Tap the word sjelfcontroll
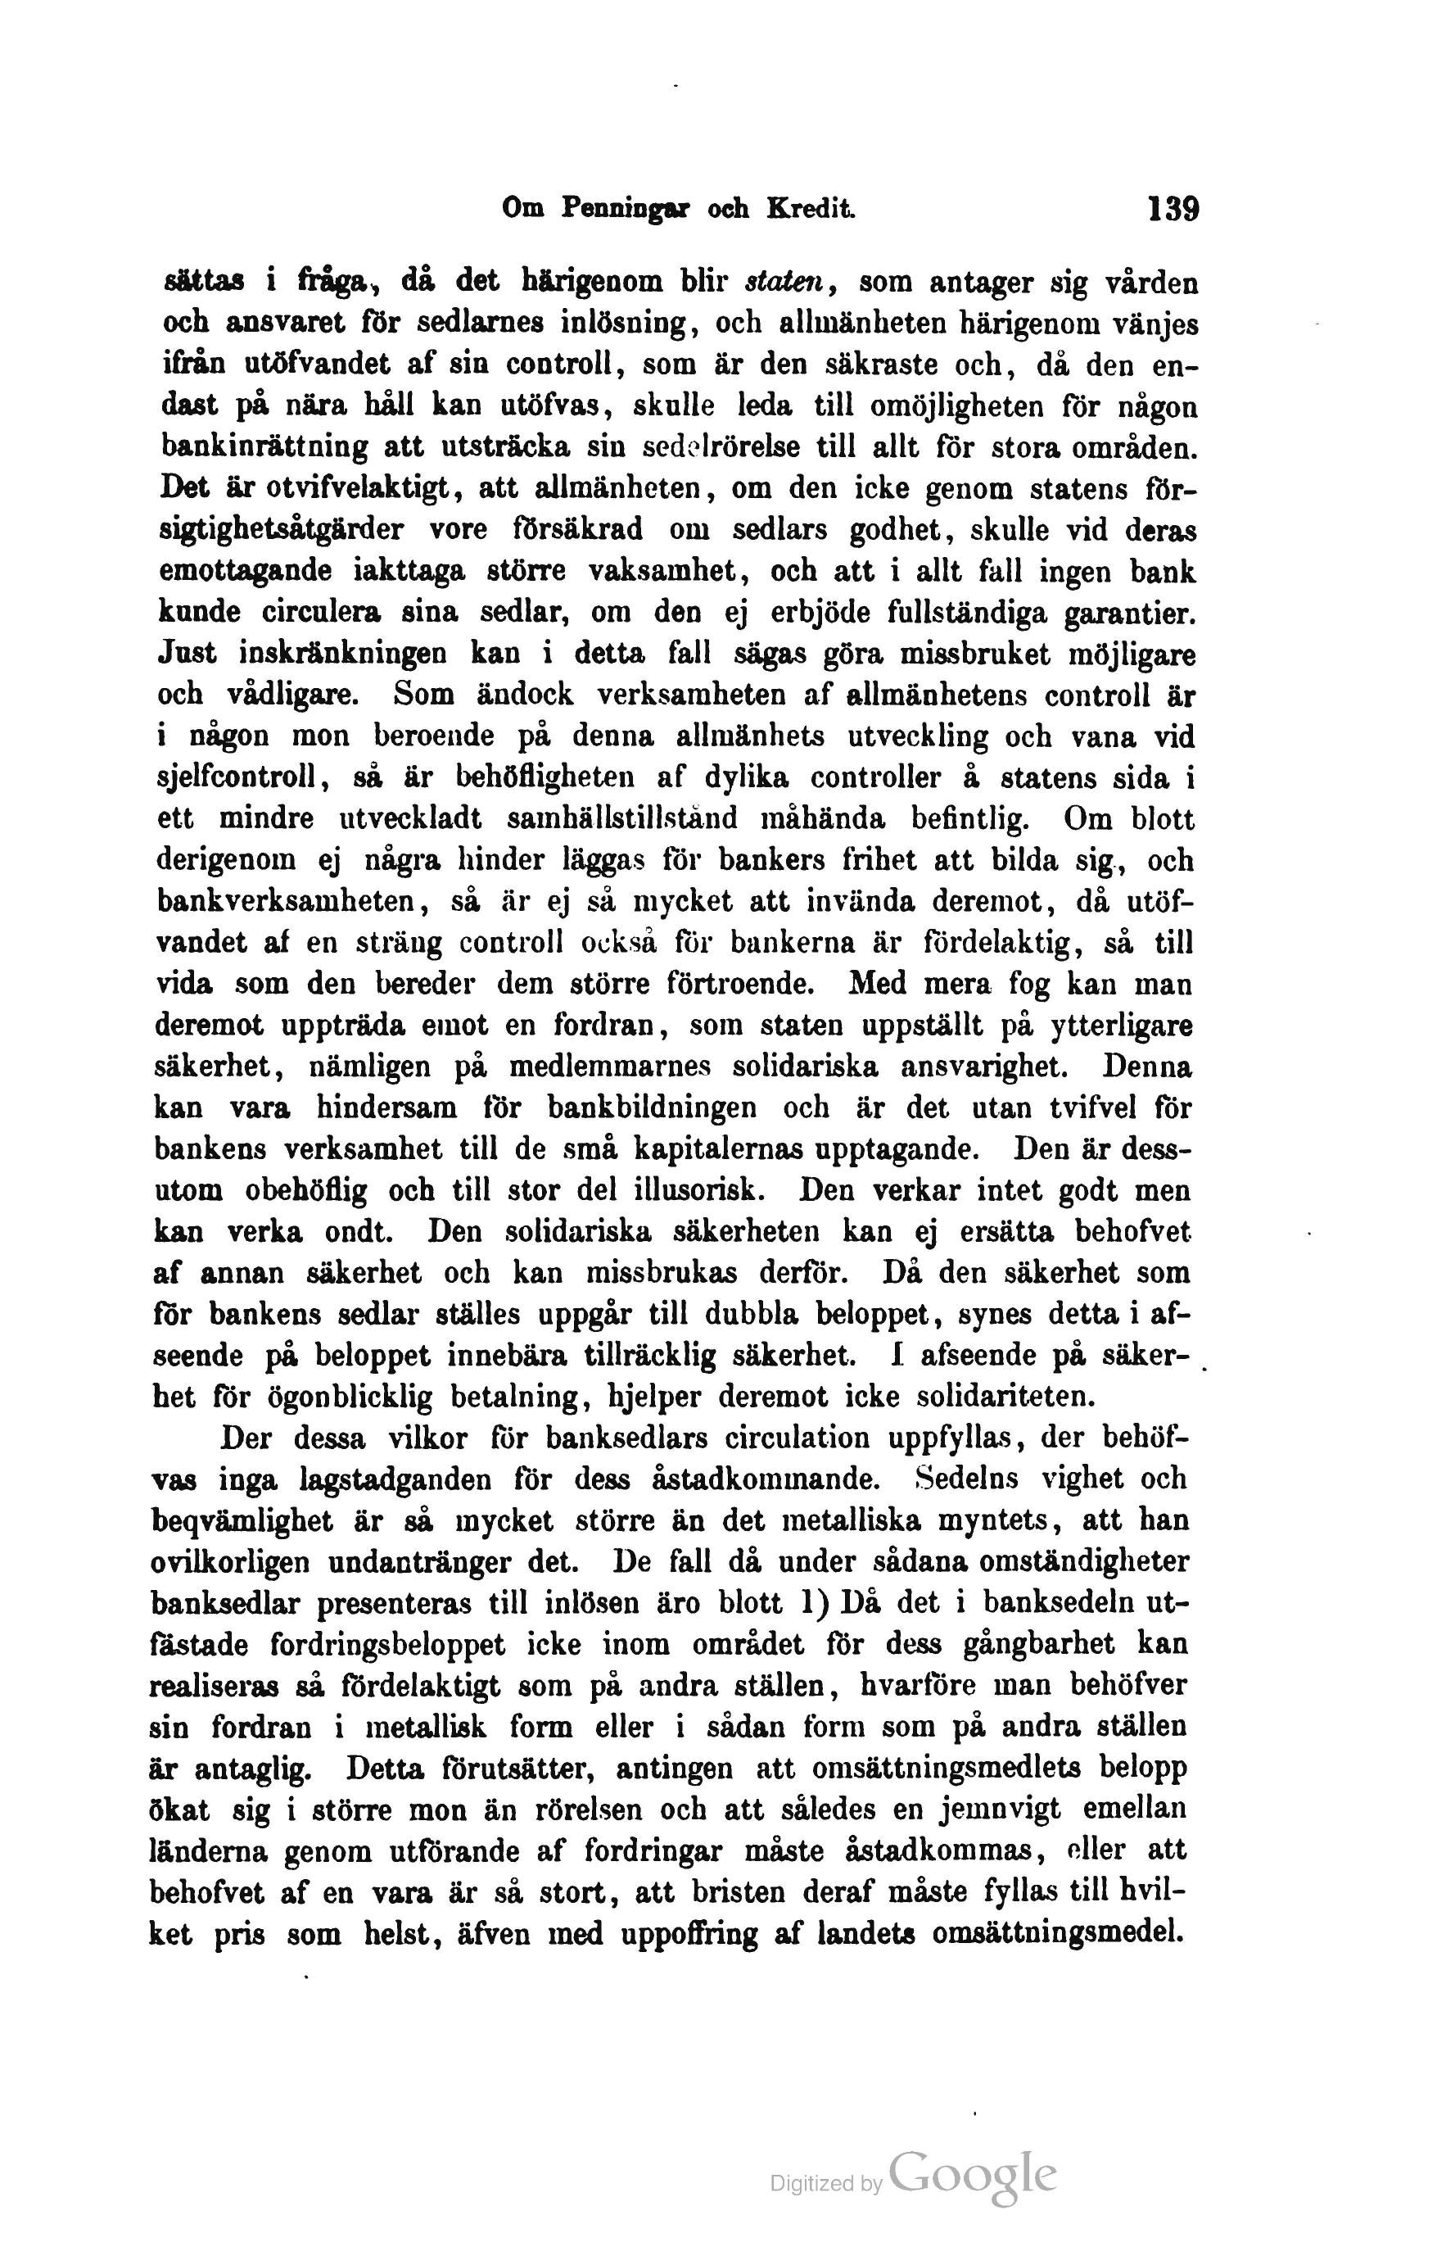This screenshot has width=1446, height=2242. coord(237,779)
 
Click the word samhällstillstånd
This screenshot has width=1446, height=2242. coord(621,820)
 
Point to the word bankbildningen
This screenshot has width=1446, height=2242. coord(652,1108)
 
